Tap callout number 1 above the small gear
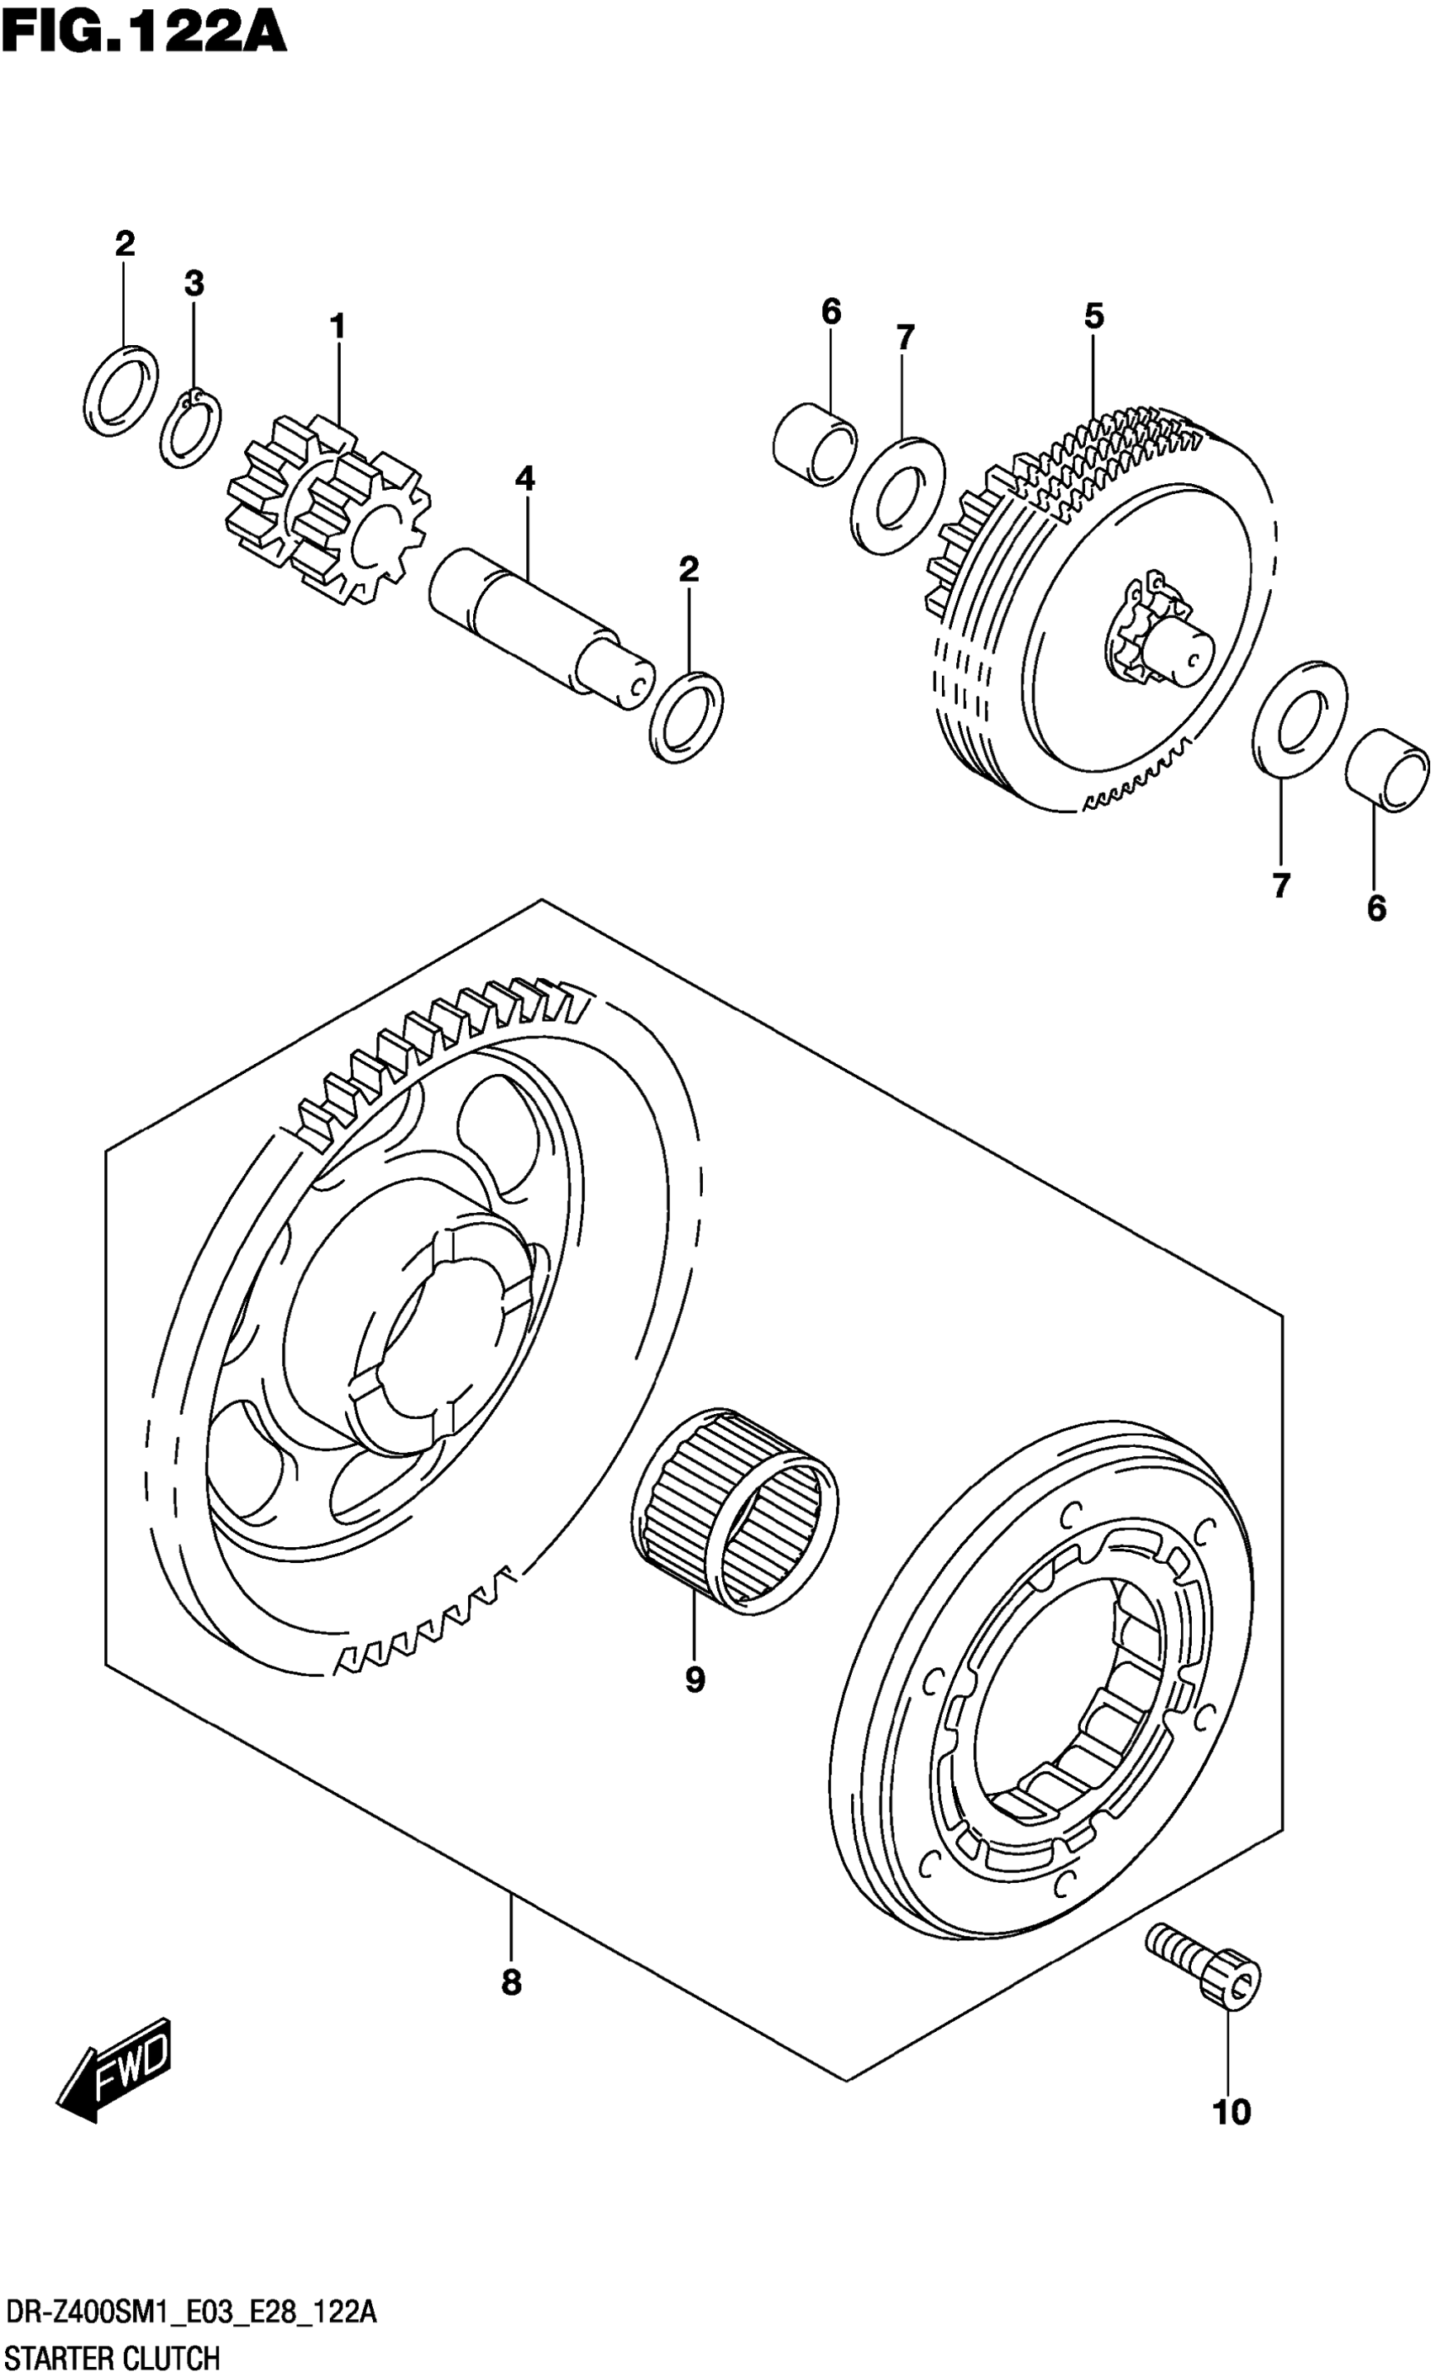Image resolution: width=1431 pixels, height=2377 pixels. (x=337, y=327)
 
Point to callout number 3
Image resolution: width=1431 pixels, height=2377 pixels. (x=194, y=284)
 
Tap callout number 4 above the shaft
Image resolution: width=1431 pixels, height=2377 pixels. (x=524, y=478)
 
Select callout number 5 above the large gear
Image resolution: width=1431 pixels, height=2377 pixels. (x=1093, y=316)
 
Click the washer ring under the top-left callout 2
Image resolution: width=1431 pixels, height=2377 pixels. (x=121, y=391)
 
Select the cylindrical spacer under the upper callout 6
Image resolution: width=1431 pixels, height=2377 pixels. (x=815, y=444)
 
